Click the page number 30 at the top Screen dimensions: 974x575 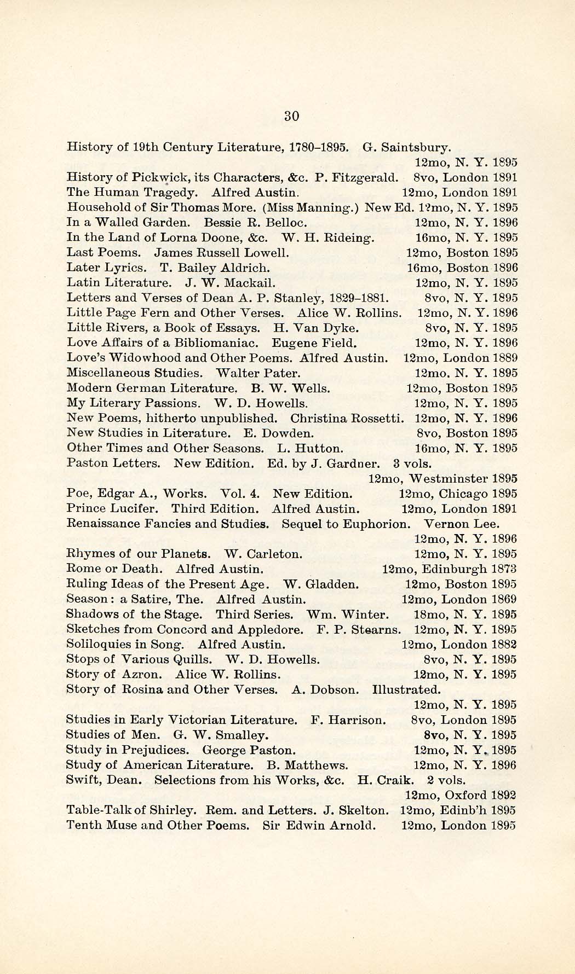point(291,116)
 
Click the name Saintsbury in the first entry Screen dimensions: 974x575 point(416,147)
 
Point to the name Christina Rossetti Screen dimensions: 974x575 point(348,418)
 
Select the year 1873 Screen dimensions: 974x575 point(504,569)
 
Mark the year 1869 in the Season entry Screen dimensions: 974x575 point(504,599)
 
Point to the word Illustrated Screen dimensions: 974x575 point(406,689)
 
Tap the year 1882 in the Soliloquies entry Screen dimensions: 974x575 point(504,645)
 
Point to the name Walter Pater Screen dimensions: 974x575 point(258,373)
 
